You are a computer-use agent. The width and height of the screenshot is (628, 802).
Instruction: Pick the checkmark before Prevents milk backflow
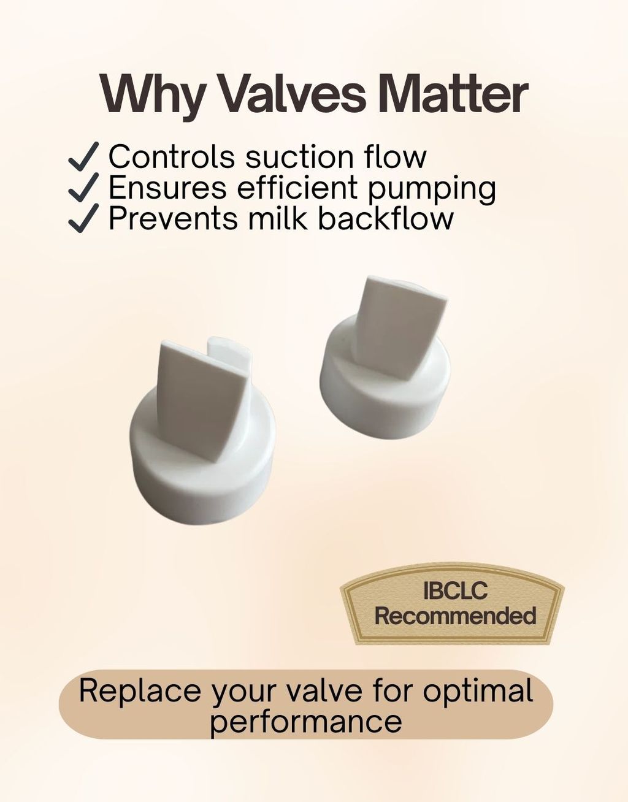coord(84,218)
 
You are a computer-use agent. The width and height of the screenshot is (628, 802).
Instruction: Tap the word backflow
coord(385,218)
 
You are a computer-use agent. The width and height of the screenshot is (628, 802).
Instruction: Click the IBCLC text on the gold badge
coord(455,590)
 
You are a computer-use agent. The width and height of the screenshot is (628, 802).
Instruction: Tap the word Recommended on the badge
coord(455,616)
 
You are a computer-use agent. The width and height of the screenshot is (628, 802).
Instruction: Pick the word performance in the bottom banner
coord(306,722)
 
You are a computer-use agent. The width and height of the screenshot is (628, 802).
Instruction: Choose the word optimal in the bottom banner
coord(478,692)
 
